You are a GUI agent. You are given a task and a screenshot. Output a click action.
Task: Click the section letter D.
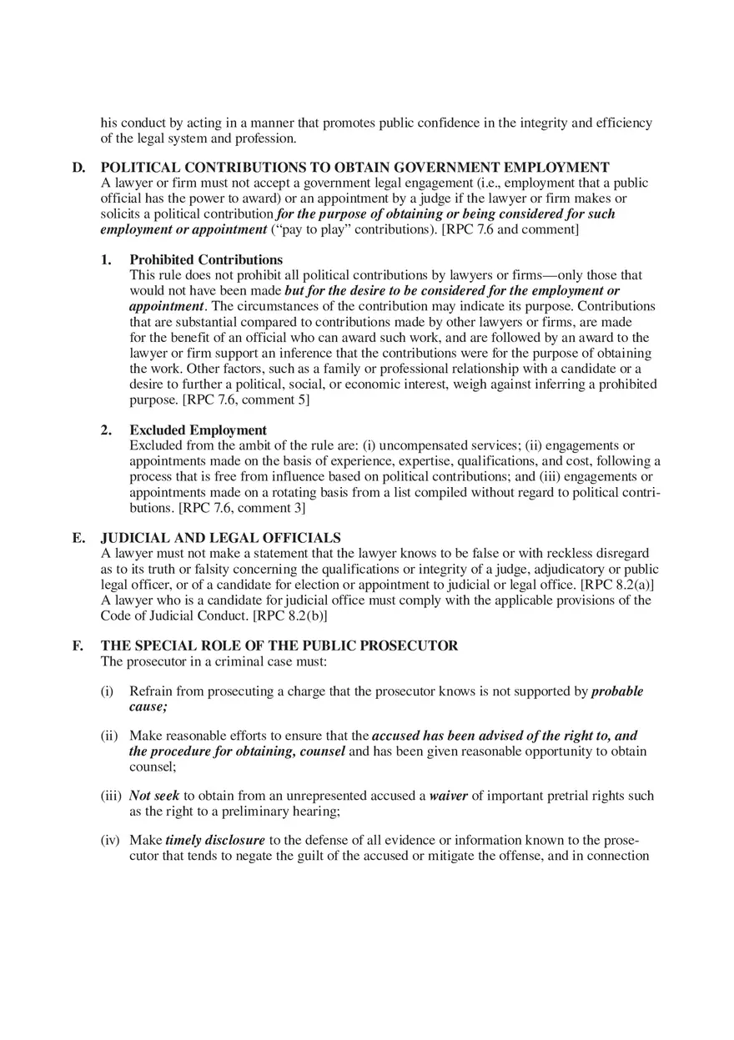[78, 168]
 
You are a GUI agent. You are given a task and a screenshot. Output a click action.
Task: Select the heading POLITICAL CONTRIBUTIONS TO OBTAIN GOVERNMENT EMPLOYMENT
[354, 168]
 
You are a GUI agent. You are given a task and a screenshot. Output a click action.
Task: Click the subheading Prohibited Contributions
[206, 259]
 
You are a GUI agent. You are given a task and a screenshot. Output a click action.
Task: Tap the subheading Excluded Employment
[198, 430]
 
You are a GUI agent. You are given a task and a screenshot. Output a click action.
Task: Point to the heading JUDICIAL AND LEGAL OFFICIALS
[220, 538]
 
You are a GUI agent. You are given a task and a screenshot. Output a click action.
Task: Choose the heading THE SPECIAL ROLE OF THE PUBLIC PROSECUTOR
[279, 646]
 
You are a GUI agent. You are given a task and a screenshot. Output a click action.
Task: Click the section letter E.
[78, 538]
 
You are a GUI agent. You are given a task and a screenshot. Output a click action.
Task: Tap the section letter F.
[78, 646]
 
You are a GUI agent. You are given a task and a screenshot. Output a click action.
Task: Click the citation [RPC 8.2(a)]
[616, 585]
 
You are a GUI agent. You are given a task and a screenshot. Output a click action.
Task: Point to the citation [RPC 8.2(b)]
[289, 615]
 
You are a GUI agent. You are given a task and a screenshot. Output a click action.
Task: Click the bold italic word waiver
[448, 796]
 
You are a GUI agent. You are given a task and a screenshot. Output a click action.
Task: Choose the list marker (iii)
[111, 796]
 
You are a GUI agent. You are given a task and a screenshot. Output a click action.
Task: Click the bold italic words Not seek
[154, 796]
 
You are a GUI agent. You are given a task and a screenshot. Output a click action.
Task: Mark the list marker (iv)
[111, 841]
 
